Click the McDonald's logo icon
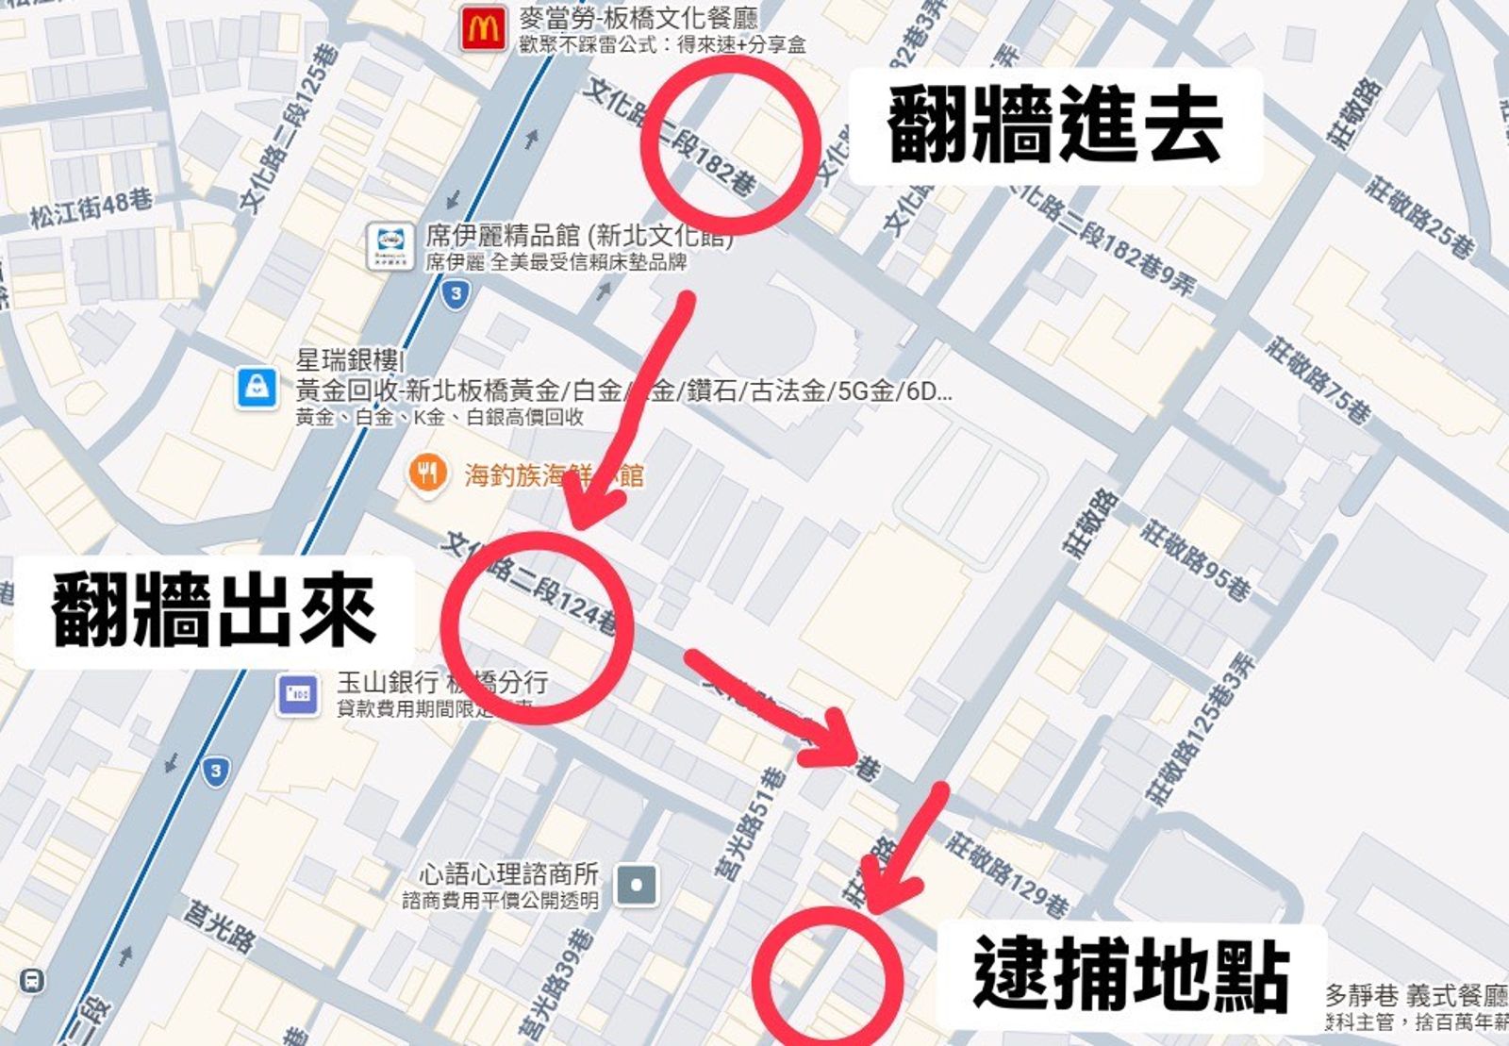[483, 29]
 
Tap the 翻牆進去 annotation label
[1055, 125]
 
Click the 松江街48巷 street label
[91, 208]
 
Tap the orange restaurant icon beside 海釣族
[428, 473]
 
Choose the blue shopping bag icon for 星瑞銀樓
[257, 387]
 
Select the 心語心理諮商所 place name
[509, 873]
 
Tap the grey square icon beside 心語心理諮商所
[637, 886]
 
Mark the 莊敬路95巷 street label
[1195, 559]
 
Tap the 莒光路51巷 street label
[750, 823]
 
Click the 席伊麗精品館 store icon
[390, 245]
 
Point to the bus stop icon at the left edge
[31, 981]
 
